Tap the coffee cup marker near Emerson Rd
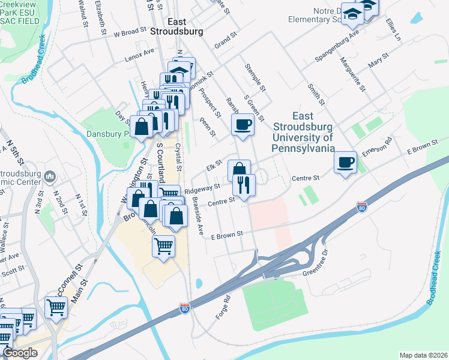pyautogui.click(x=345, y=163)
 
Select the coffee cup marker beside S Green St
pyautogui.click(x=242, y=125)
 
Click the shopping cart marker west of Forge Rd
pyautogui.click(x=164, y=246)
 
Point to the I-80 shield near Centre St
pyautogui.click(x=361, y=208)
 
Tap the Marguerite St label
pyautogui.click(x=352, y=74)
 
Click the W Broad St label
pyautogui.click(x=130, y=31)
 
